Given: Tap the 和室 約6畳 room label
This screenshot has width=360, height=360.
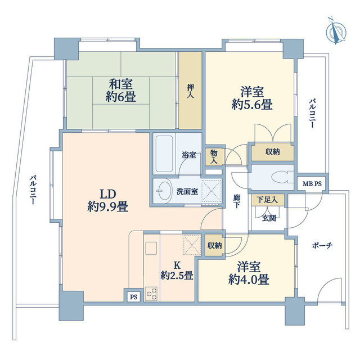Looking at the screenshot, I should click(x=120, y=91).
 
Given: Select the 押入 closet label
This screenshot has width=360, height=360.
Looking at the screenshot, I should click(x=190, y=92).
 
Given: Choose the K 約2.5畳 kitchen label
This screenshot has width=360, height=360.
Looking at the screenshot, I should click(x=177, y=269).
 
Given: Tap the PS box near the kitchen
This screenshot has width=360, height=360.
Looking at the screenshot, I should click(x=133, y=296).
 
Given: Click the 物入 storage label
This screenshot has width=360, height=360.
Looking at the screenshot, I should click(x=214, y=156).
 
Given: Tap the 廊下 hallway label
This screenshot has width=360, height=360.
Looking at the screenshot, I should click(x=237, y=201).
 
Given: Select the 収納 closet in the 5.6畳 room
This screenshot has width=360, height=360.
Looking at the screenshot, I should click(x=272, y=152).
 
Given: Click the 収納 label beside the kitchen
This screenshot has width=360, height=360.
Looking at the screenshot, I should click(x=214, y=245).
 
